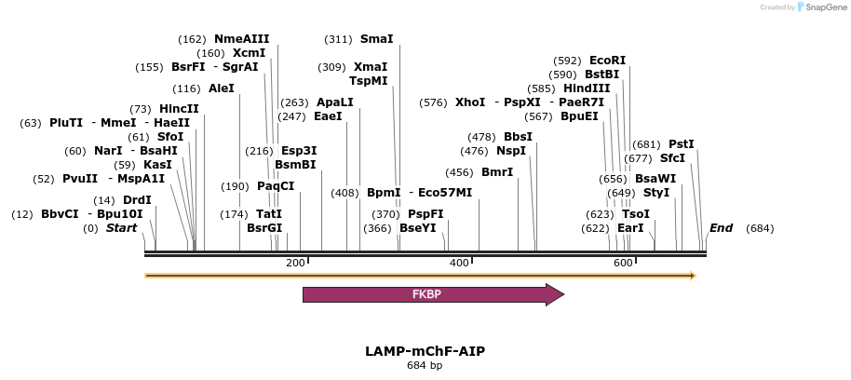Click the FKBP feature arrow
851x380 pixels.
click(x=432, y=294)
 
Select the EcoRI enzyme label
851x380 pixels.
click(x=608, y=61)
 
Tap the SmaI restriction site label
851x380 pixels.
click(x=376, y=39)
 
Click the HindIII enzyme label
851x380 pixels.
click(x=587, y=88)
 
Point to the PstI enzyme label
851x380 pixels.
click(x=682, y=144)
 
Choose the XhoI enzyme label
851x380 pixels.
click(x=470, y=102)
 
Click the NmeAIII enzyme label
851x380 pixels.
click(x=241, y=39)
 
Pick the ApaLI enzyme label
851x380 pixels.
click(x=335, y=102)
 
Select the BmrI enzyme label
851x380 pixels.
click(x=497, y=172)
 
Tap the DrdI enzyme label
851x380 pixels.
click(x=137, y=200)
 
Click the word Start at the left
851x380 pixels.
click(x=121, y=228)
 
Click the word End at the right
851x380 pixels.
click(x=721, y=228)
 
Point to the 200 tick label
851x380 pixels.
click(x=295, y=264)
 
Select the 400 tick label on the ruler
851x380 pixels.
click(x=459, y=264)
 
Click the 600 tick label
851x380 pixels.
click(x=623, y=264)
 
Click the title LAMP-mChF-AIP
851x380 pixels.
click(x=425, y=351)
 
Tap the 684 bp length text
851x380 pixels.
click(x=425, y=365)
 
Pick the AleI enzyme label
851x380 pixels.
click(x=222, y=88)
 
